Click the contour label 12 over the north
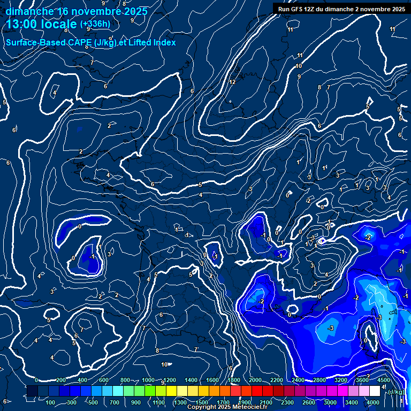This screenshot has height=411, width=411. (x=232, y=82)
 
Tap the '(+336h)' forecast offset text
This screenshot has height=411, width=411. (x=95, y=24)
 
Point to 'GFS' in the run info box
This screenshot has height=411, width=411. (x=299, y=9)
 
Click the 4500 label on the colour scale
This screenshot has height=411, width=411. (x=384, y=380)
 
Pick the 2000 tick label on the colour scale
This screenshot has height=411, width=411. (x=255, y=380)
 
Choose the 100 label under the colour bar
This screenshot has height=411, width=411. (x=51, y=402)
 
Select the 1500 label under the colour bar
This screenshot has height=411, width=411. (x=202, y=402)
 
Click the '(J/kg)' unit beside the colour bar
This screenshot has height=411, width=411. (x=396, y=392)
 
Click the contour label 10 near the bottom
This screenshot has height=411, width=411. (x=165, y=364)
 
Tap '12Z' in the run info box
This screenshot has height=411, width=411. (x=315, y=9)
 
